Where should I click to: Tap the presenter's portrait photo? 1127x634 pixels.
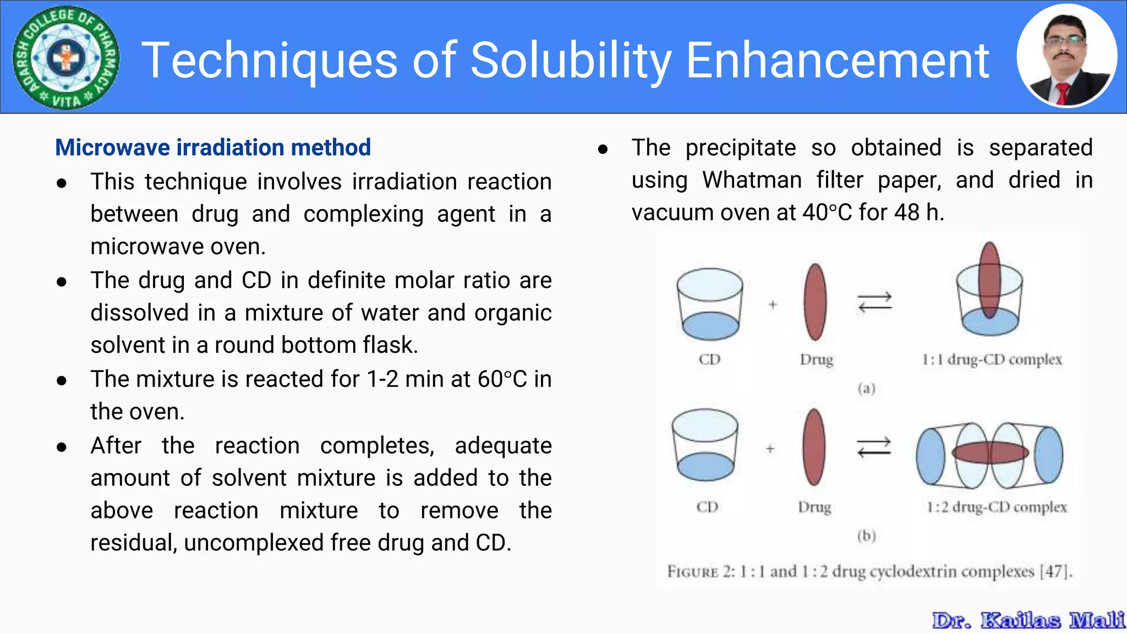(1066, 56)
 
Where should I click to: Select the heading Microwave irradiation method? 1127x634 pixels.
(213, 147)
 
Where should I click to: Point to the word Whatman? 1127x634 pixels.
(752, 180)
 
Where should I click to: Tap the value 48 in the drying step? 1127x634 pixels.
(907, 212)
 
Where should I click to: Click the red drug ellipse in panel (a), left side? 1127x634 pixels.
(815, 302)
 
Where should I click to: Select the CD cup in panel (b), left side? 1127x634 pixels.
(705, 445)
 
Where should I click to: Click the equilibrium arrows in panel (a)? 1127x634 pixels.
(875, 302)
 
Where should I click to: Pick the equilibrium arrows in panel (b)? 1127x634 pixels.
(874, 447)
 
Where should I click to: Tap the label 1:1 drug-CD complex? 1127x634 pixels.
(992, 360)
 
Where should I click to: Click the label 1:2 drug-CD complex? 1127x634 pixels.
(997, 507)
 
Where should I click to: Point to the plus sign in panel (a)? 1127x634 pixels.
(773, 304)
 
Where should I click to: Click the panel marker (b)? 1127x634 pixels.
(867, 535)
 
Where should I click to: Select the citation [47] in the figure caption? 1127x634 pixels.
(1055, 571)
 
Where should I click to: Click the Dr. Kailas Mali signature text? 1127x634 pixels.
(1028, 620)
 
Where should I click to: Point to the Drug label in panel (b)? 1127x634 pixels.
(814, 507)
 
